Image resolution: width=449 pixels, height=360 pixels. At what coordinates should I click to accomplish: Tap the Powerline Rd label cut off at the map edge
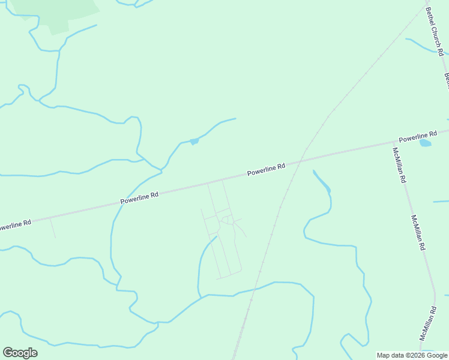(x=13, y=226)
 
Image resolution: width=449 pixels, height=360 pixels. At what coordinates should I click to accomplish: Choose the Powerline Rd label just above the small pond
(x=417, y=137)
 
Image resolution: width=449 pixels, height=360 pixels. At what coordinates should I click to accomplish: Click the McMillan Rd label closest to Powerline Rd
(x=399, y=165)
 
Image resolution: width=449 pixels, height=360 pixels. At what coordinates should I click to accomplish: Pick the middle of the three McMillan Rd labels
(x=418, y=233)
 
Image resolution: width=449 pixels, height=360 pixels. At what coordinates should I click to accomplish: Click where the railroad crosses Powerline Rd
(x=301, y=158)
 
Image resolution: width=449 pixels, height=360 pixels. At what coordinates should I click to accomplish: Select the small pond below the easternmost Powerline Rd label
(x=425, y=143)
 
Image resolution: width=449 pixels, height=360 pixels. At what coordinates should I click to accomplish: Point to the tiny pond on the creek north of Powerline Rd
(x=194, y=142)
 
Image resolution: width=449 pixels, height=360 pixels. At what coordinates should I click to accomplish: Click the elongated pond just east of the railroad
(x=322, y=182)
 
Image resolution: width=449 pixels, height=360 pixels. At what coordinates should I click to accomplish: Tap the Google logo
(x=20, y=353)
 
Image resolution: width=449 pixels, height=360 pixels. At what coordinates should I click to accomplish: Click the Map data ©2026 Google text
(x=411, y=355)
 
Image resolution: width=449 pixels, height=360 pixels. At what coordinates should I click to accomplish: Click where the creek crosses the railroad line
(x=256, y=289)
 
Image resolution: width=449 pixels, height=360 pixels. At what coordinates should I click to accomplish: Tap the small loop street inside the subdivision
(x=226, y=220)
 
